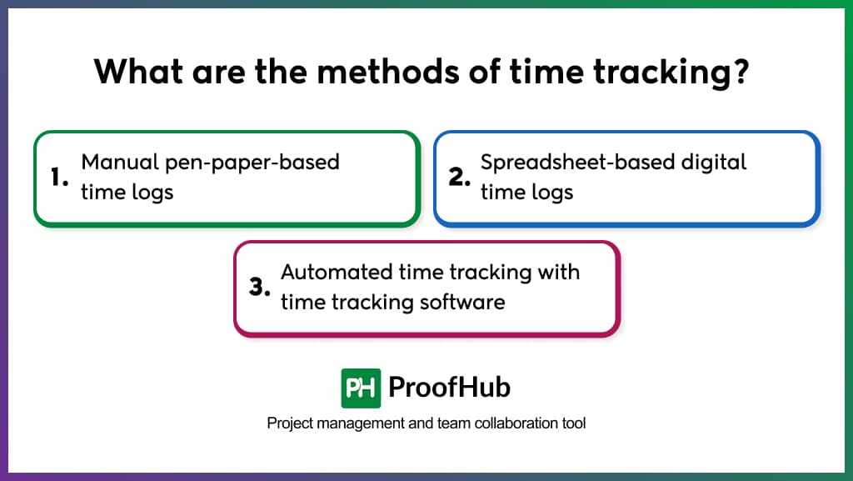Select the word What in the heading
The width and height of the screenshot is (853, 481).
pos(134,73)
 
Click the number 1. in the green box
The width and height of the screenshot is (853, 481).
pos(59,178)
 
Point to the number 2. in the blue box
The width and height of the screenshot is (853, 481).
pos(461,178)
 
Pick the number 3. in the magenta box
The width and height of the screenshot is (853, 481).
pos(261,288)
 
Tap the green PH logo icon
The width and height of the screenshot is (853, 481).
pos(361,388)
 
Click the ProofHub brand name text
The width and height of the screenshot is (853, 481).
pos(450,388)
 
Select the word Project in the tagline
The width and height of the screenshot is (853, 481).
pos(288,423)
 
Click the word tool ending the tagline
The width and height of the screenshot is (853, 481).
pos(575,423)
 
